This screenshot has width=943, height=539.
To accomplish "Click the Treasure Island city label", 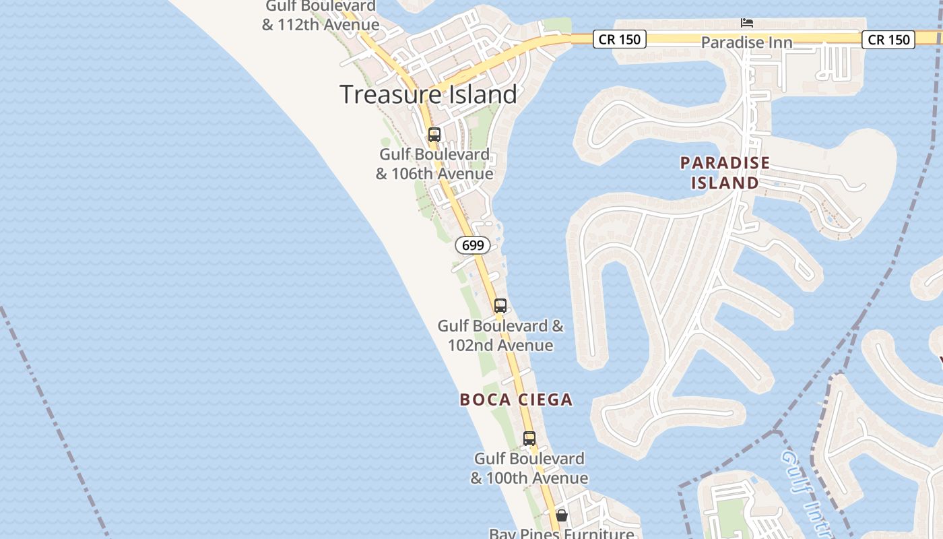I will (x=428, y=94).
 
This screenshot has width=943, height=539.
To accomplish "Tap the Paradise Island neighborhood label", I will (x=725, y=172).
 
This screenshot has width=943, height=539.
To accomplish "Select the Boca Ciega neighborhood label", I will (x=516, y=400).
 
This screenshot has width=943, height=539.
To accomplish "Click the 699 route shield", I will (x=473, y=245).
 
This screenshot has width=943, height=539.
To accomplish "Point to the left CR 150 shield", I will (x=620, y=40).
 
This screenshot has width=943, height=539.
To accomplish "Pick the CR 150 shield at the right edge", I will (x=888, y=40).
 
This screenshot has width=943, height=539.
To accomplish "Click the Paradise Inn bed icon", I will (x=747, y=23).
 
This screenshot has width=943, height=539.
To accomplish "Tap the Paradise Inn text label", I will (x=746, y=42).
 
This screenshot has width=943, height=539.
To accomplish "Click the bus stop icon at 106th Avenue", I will (x=434, y=135).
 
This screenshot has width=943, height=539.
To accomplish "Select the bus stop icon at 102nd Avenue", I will (x=500, y=306).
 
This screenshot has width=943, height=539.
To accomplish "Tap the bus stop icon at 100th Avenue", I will (x=529, y=439).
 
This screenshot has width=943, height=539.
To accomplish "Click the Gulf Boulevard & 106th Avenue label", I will (x=434, y=164).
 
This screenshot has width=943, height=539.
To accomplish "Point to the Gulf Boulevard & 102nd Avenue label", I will (x=500, y=336).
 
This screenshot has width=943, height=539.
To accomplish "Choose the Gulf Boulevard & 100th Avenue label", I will (x=529, y=468).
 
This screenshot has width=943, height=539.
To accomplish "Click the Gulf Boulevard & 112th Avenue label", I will (x=321, y=15).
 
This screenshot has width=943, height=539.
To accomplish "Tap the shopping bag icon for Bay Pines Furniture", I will (x=561, y=516).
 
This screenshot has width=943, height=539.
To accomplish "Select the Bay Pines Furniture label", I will (x=562, y=534).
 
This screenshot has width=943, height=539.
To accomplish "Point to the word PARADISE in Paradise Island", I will (x=725, y=163).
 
